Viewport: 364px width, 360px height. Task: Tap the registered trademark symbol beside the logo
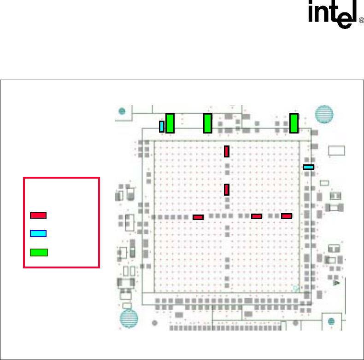(361, 21)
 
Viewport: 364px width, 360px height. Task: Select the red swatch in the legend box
(38, 215)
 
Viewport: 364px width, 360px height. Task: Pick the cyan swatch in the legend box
(38, 233)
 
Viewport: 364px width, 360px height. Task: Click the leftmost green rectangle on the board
(170, 123)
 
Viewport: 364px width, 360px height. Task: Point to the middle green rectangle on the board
(207, 123)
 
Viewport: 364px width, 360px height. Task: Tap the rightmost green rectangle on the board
(294, 123)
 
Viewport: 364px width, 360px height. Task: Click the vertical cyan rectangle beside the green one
(162, 126)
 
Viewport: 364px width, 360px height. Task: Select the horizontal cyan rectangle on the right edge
(308, 167)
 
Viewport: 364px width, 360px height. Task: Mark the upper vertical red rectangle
(227, 151)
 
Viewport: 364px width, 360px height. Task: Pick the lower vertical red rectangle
(227, 189)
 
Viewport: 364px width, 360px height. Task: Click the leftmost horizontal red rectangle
(198, 217)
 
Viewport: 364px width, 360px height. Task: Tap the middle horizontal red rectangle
(257, 216)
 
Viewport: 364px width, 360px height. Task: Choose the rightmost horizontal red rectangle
(287, 216)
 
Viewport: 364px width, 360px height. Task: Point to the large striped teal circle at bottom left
(129, 319)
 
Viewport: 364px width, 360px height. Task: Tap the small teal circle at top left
(122, 111)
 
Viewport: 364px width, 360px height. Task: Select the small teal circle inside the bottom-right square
(331, 321)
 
